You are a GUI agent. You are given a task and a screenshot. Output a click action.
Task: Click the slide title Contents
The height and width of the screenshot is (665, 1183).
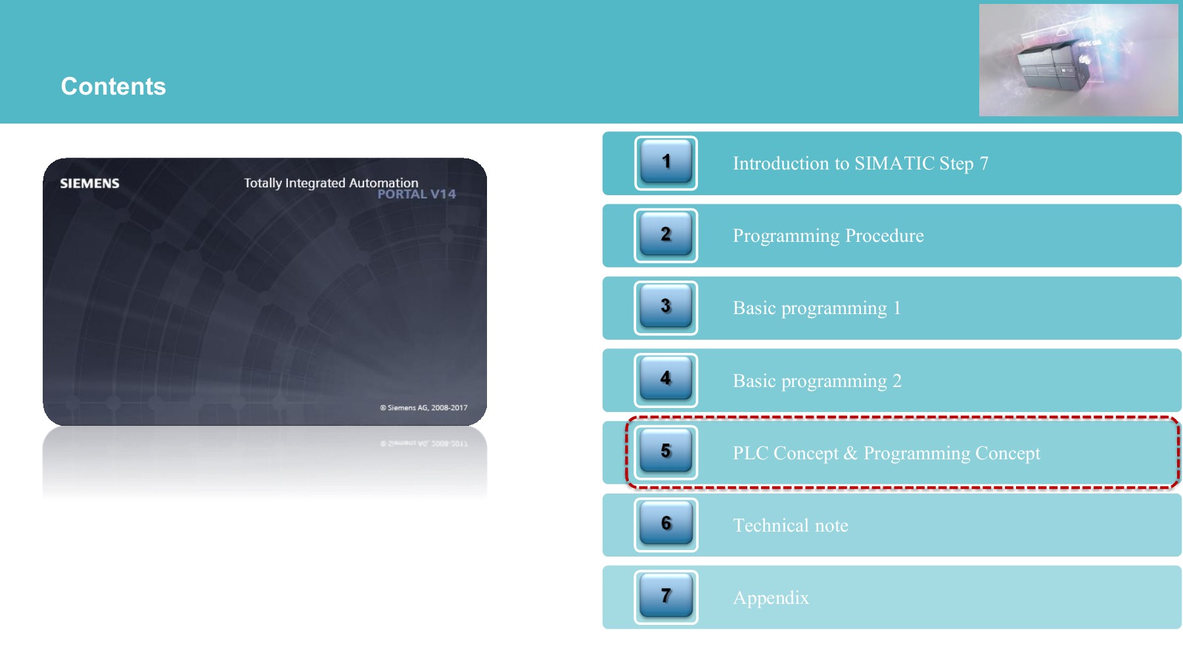(113, 86)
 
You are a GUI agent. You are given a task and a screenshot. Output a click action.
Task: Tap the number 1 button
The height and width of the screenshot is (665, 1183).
(666, 162)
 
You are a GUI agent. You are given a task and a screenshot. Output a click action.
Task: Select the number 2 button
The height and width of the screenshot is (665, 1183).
(666, 235)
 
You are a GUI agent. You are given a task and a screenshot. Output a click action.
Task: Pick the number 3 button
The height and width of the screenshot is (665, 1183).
(666, 307)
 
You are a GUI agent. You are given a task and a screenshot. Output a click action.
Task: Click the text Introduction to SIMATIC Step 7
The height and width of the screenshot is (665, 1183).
(860, 163)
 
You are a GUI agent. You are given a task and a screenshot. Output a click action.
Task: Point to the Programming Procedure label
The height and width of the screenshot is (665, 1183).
(828, 236)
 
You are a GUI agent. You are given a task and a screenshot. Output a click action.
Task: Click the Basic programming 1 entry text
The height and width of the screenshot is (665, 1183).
(816, 308)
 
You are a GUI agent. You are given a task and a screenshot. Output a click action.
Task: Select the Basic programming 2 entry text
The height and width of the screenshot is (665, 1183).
(817, 381)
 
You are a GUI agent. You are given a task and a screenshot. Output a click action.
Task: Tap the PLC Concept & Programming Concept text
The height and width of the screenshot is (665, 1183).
(887, 453)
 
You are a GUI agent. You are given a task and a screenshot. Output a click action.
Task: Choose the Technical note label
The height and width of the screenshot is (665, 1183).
(791, 525)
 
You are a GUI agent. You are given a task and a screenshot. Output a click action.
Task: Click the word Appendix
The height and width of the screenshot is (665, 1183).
(771, 598)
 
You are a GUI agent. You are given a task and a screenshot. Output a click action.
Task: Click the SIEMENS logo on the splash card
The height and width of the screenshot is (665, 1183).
(89, 183)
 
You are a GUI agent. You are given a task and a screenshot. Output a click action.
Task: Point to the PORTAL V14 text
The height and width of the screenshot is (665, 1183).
(416, 194)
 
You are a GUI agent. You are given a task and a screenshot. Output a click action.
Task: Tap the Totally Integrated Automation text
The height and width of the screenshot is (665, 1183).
(331, 183)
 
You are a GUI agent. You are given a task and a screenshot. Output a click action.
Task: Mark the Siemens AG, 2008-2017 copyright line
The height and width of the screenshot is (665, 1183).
(424, 407)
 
